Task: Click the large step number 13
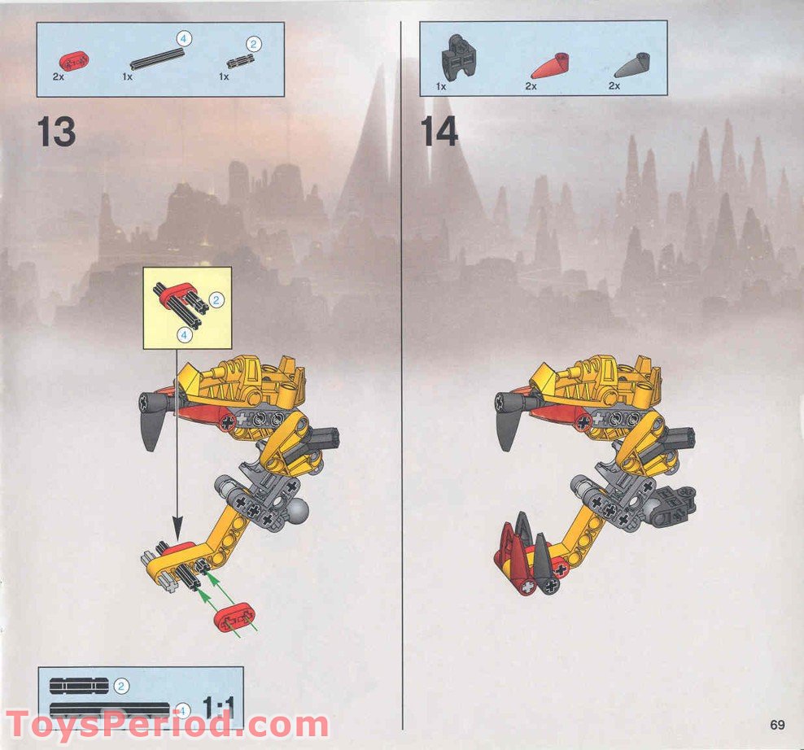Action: pyautogui.click(x=56, y=132)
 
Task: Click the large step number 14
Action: pyautogui.click(x=439, y=132)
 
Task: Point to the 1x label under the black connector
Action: pyautogui.click(x=441, y=85)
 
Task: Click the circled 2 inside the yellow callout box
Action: pyautogui.click(x=216, y=300)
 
